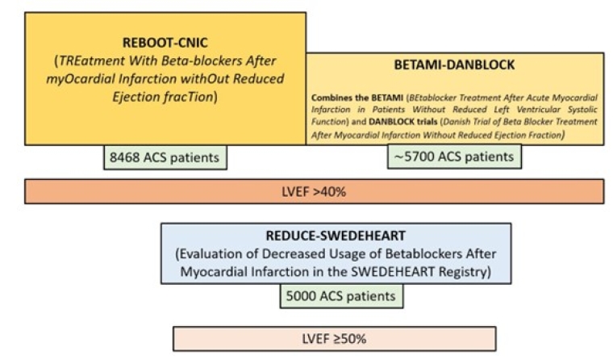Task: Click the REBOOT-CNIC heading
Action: pyautogui.click(x=165, y=42)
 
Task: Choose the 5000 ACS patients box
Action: pyautogui.click(x=341, y=296)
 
